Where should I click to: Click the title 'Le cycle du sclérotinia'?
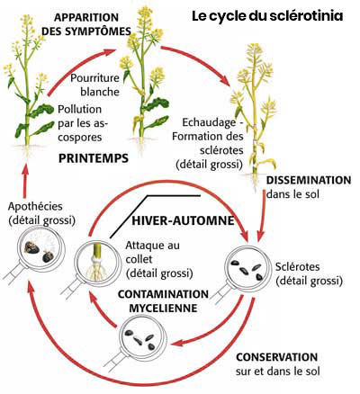[x=267, y=16]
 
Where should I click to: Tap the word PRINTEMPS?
[x=94, y=158]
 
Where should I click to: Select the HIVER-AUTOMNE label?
[x=183, y=220]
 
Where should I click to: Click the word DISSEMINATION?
[x=309, y=180]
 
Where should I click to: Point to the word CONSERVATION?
[x=277, y=357]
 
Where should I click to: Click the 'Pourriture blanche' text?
[x=95, y=85]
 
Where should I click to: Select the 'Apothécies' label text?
[x=35, y=206]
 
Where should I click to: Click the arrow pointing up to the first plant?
[x=25, y=182]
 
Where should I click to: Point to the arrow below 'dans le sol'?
[x=262, y=218]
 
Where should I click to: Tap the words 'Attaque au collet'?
[x=153, y=252]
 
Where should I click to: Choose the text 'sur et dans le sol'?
[x=278, y=372]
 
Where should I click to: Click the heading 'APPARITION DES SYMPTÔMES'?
[x=86, y=24]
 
